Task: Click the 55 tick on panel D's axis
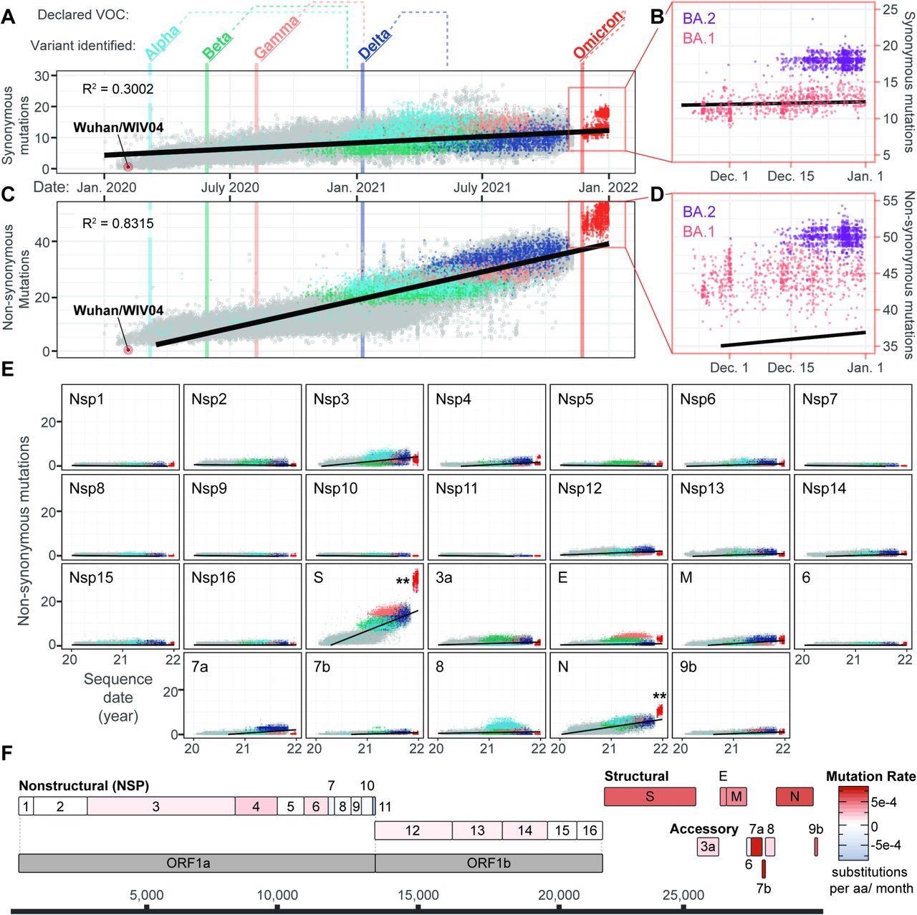pyautogui.click(x=891, y=200)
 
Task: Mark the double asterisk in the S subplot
pyautogui.click(x=403, y=582)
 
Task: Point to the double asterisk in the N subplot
pyautogui.click(x=660, y=696)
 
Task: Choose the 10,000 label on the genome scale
pyautogui.click(x=277, y=895)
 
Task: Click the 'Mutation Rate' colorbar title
pyautogui.click(x=870, y=777)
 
